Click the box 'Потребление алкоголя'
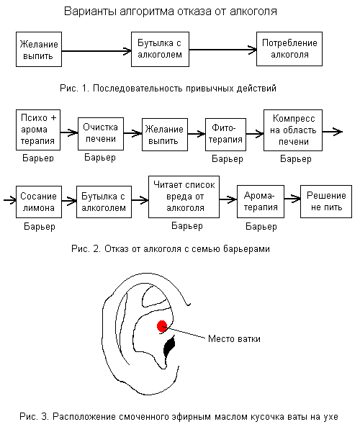coord(289,49)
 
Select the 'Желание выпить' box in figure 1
coord(39,49)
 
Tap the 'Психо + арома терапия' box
coord(38,130)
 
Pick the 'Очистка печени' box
coord(101,134)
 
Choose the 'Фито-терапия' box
coord(225,135)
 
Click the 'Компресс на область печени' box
coord(293,130)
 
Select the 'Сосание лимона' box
coord(39,202)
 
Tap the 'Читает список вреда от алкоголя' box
coord(184,197)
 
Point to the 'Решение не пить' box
coord(326,202)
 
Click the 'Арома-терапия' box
coord(261,202)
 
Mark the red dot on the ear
coord(162,326)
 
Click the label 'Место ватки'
coord(234,338)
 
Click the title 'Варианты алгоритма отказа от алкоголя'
coord(171,12)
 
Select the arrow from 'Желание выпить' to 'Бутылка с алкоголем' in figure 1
coord(96,51)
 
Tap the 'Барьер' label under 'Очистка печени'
coord(100,158)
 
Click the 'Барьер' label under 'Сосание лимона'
coord(40,227)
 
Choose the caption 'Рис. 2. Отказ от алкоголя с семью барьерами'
coord(171,249)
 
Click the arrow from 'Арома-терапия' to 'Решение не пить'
coord(292,199)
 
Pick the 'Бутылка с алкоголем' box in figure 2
coord(104,202)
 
